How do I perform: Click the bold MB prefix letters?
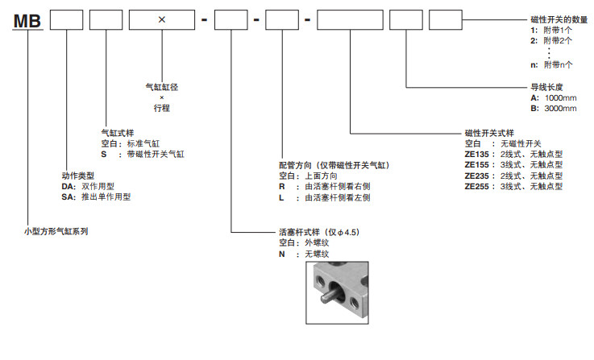[27, 19]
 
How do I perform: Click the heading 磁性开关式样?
[489, 133]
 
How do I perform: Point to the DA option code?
[68, 185]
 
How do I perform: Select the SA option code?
[68, 196]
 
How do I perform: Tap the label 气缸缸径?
[162, 86]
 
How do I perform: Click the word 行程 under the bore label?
[162, 107]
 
